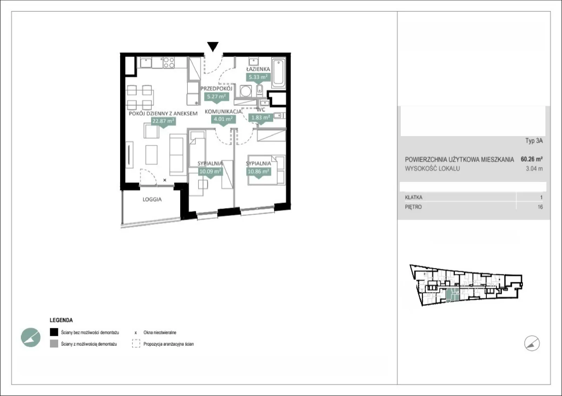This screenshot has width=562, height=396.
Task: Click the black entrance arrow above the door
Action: tap(213, 47)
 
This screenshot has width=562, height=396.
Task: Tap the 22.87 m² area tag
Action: tap(163, 121)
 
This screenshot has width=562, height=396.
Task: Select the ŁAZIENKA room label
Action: tap(258, 69)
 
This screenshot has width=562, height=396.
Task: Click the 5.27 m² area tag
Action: tap(216, 96)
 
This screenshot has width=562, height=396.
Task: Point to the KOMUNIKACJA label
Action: tap(223, 112)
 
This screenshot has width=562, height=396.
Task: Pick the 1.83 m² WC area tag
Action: tap(261, 118)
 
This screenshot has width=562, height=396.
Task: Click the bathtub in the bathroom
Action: tap(278, 73)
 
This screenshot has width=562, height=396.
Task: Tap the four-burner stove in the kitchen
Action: tap(169, 62)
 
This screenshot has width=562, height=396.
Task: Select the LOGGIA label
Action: tap(152, 199)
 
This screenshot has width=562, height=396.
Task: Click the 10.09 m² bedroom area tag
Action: tap(210, 172)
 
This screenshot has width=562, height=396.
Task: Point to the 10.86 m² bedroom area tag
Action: tap(259, 172)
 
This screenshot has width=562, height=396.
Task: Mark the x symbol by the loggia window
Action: tap(165, 180)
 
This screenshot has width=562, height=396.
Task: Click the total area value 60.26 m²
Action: tap(532, 159)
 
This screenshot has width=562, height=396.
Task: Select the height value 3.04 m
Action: tap(534, 169)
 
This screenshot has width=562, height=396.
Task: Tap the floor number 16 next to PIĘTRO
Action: tap(540, 207)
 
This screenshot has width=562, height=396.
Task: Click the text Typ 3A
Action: tap(534, 141)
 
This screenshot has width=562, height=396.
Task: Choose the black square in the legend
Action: tap(54, 332)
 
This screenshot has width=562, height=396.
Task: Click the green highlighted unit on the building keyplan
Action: tap(453, 295)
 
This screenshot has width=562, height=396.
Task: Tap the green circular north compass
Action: tap(31, 337)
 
